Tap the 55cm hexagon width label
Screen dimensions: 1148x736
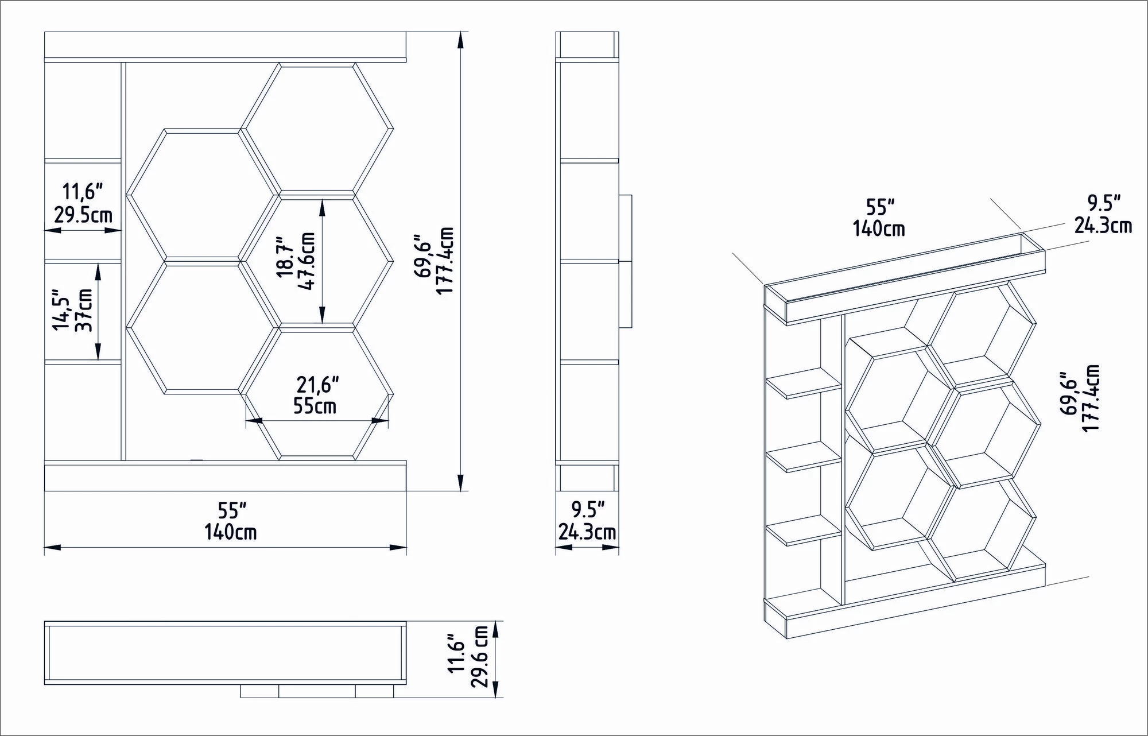coord(315,406)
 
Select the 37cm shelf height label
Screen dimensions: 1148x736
coord(85,313)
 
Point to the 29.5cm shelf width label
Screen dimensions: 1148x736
coord(83,215)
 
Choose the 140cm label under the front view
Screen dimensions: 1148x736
coord(231,532)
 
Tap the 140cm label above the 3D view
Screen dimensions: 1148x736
coord(879,228)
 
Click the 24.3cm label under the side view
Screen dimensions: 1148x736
coord(587,532)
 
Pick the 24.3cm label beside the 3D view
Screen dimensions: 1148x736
coord(1103,225)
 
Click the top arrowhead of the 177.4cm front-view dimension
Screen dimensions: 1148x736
coord(460,40)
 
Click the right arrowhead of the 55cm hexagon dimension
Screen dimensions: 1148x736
coord(380,421)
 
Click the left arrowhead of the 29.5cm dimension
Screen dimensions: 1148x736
coord(53,230)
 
